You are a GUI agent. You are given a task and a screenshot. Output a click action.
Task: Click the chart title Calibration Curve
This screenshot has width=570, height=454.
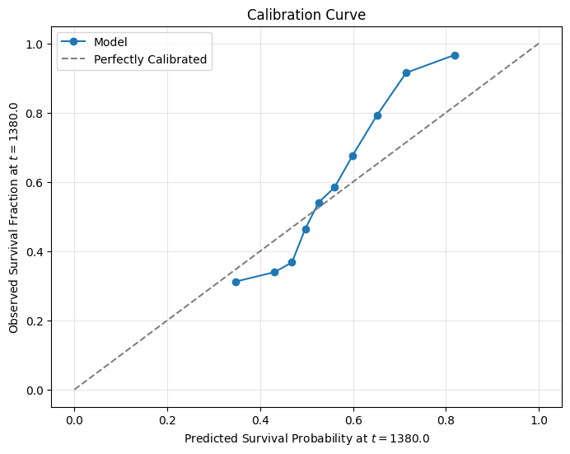tap(306, 15)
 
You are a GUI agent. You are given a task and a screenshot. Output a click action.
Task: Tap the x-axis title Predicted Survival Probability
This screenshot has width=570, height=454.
tap(306, 438)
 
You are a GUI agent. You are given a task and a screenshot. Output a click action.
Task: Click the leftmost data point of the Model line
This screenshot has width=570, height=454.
tap(236, 282)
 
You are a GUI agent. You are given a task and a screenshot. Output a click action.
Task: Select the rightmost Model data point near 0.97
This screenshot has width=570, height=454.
tap(455, 55)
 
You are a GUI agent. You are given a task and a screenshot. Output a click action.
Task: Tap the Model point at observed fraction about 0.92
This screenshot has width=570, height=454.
tap(406, 73)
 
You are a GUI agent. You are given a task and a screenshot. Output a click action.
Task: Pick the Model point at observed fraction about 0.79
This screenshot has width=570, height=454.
tap(377, 115)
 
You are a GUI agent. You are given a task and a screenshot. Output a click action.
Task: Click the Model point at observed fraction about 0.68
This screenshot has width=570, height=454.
tap(353, 156)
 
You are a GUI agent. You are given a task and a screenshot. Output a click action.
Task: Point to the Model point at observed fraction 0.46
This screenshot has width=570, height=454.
tap(306, 229)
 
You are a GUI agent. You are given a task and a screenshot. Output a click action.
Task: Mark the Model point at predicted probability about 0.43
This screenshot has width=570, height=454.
tap(274, 272)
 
